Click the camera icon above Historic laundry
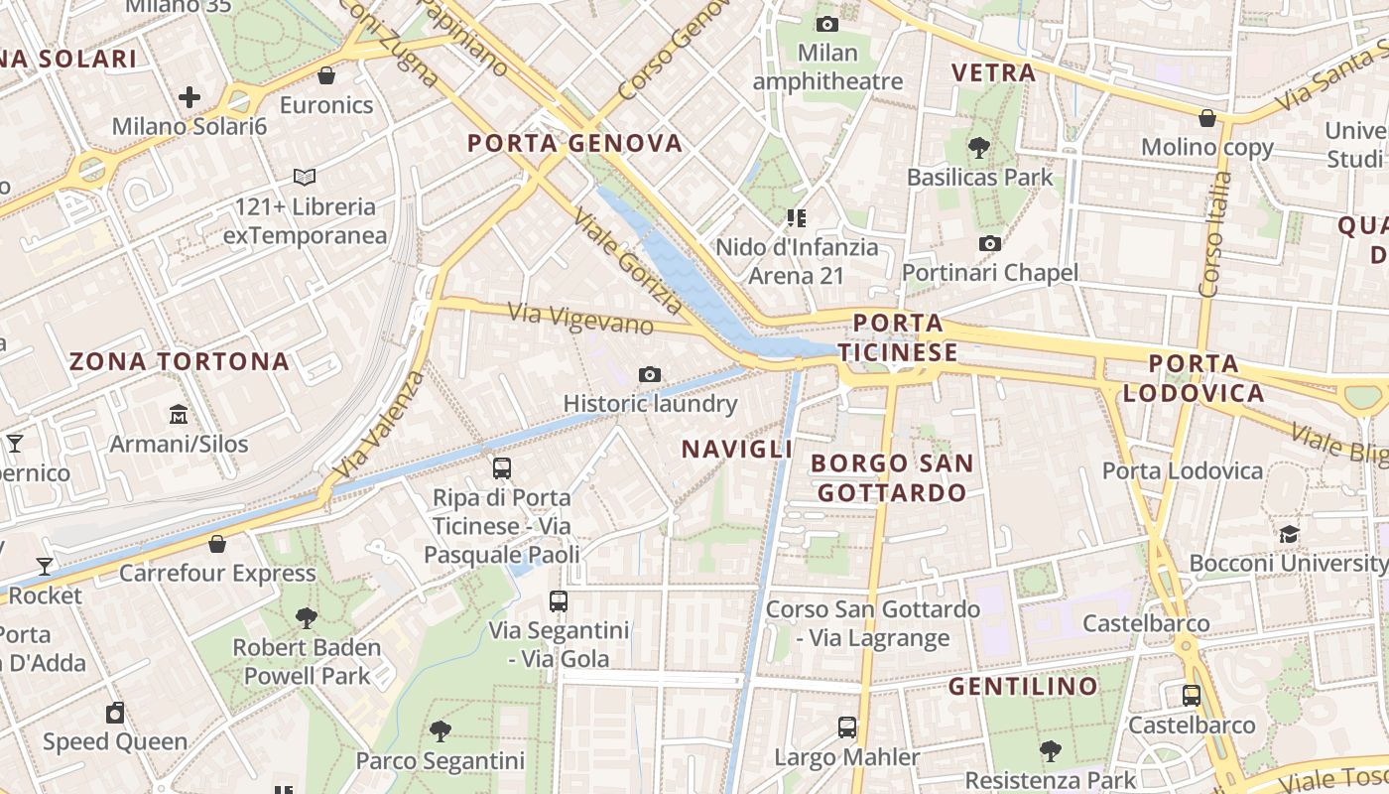tap(650, 374)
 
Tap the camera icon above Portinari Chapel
tap(989, 243)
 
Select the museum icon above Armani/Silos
tap(179, 414)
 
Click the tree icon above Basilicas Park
tap(979, 149)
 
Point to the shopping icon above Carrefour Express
tap(217, 544)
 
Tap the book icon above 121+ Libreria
tap(305, 177)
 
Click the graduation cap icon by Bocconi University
tap(1289, 534)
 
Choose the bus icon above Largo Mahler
tap(846, 728)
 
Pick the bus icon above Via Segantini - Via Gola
tap(559, 600)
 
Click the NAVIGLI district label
tap(737, 449)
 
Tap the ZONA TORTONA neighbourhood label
tap(180, 361)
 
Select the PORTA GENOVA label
tap(575, 143)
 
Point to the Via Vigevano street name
tap(581, 319)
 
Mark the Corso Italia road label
tap(1213, 236)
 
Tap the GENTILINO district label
tap(1023, 686)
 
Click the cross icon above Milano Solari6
tap(189, 97)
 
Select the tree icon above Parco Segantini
tap(441, 731)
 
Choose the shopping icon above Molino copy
tap(1207, 118)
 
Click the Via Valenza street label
tap(380, 425)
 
